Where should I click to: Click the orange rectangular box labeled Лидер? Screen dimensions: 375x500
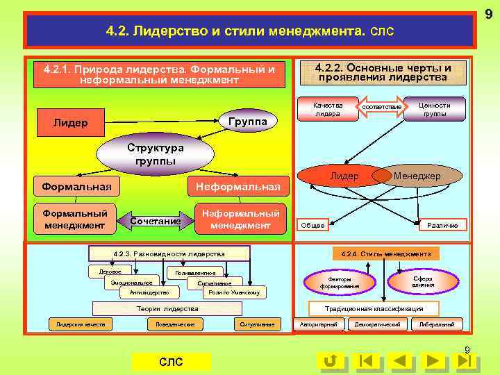click(70, 122)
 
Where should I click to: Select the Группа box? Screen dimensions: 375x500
click(247, 122)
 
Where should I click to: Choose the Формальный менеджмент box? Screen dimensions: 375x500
click(75, 219)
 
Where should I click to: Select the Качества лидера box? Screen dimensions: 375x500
click(328, 109)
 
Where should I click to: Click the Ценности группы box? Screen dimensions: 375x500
click(435, 109)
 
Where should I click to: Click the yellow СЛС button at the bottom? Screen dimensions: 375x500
click(171, 362)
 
